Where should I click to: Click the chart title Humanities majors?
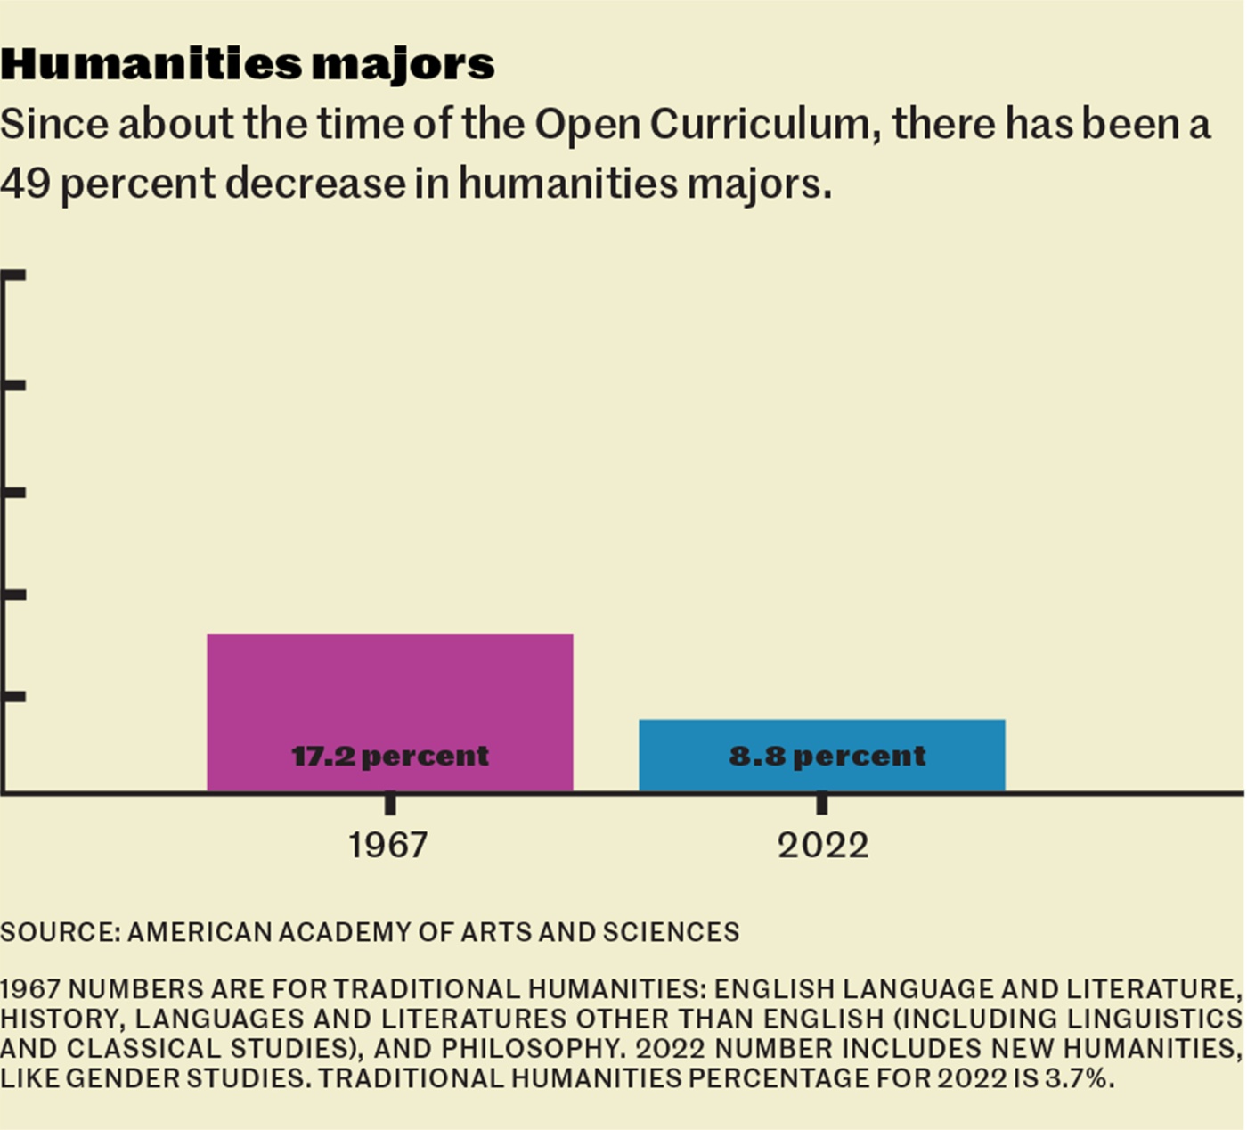[248, 64]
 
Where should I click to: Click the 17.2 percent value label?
[389, 756]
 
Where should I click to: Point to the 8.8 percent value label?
[827, 756]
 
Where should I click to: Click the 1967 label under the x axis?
[387, 845]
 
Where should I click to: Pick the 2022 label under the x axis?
[822, 845]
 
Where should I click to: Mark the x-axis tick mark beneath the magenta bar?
[390, 803]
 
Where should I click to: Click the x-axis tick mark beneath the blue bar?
[822, 803]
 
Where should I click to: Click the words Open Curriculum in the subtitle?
[700, 124]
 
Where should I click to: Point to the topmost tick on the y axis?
[14, 276]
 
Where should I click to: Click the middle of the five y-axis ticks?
[14, 492]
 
